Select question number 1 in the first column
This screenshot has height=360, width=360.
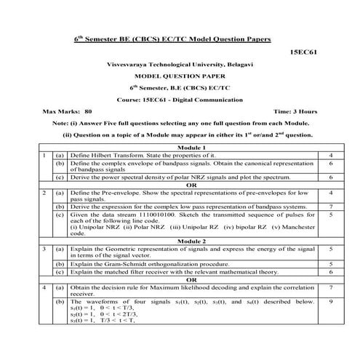pyautogui.click(x=45, y=156)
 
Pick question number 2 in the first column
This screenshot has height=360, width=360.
pyautogui.click(x=45, y=192)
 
